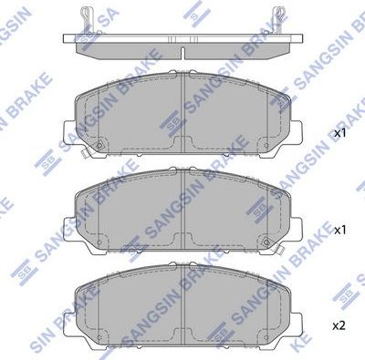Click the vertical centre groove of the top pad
pos(184,108)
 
